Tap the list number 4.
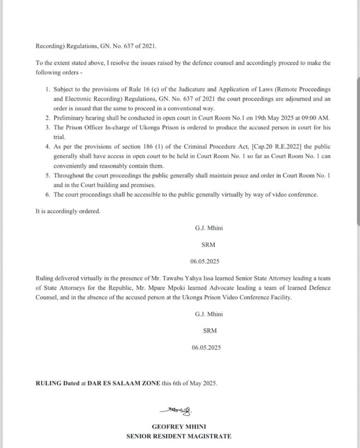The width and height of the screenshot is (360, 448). point(48,147)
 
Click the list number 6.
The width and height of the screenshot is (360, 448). point(48,195)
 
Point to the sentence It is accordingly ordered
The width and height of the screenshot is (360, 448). point(68,211)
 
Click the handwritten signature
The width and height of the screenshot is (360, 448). point(176,411)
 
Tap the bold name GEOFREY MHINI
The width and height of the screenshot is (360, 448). point(179,426)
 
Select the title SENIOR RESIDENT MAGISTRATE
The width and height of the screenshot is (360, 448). point(179,436)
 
